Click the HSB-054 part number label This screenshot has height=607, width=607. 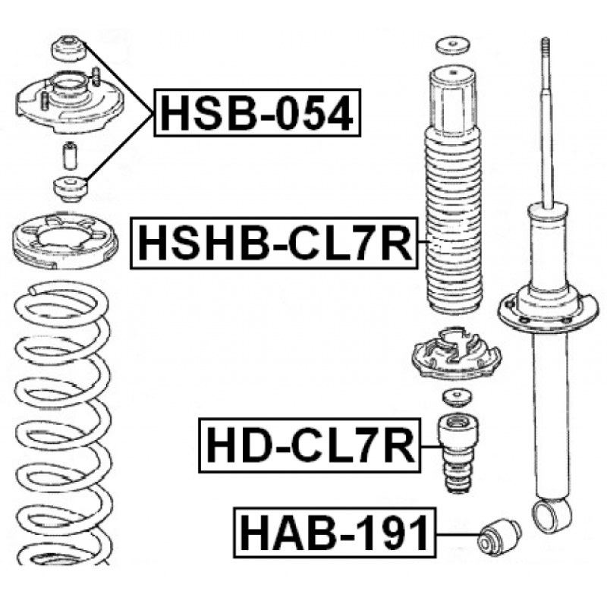[x=257, y=112]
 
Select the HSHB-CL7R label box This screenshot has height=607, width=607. [x=275, y=243]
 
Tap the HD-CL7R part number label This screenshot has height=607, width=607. [x=310, y=445]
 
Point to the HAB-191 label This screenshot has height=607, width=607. [x=335, y=533]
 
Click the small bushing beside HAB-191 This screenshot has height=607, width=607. [x=499, y=537]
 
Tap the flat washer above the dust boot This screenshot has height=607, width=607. [x=452, y=46]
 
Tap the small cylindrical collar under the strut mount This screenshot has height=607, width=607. [x=70, y=156]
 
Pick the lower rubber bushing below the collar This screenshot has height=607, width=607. [x=71, y=189]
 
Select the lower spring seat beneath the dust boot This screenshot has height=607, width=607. [x=457, y=354]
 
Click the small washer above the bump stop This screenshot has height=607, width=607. [x=457, y=398]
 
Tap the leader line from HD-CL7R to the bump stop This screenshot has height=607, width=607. [x=429, y=446]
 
